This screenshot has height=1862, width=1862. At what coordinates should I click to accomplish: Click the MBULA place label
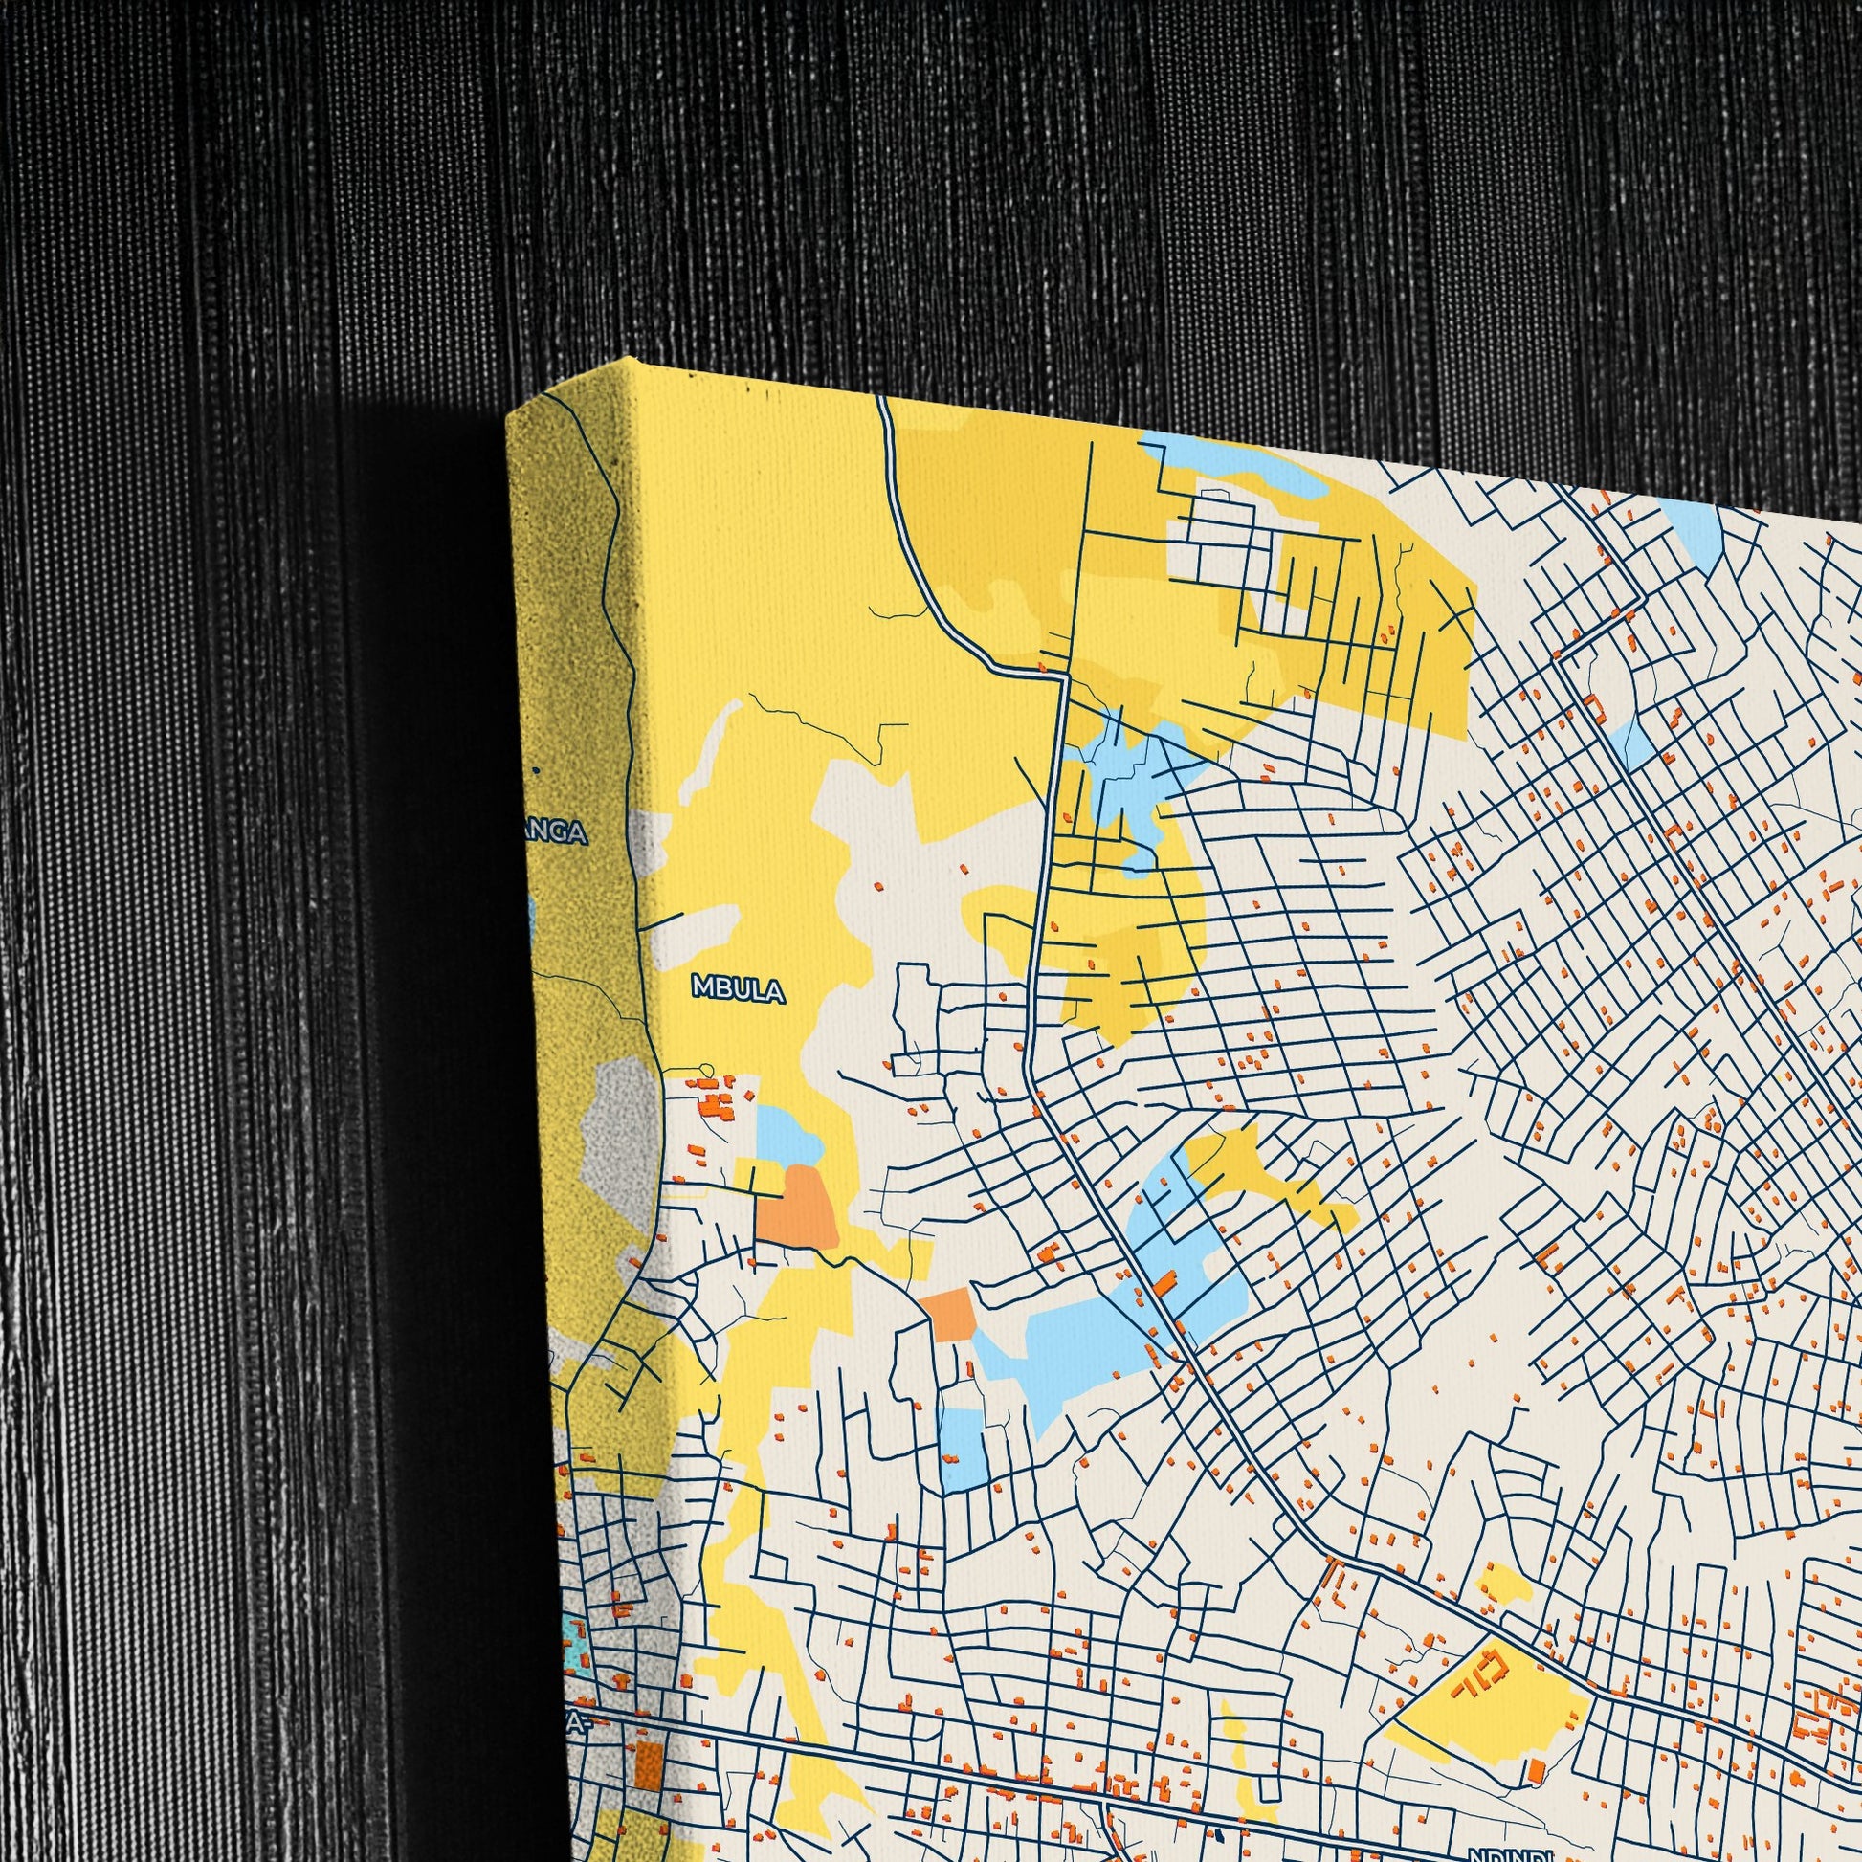[x=739, y=988]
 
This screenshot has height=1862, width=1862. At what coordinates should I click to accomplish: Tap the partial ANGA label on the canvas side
[x=558, y=832]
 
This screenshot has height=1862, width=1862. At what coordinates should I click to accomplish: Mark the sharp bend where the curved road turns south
[x=1063, y=677]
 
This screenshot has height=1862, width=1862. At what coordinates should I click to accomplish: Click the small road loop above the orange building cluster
[x=706, y=1069]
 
